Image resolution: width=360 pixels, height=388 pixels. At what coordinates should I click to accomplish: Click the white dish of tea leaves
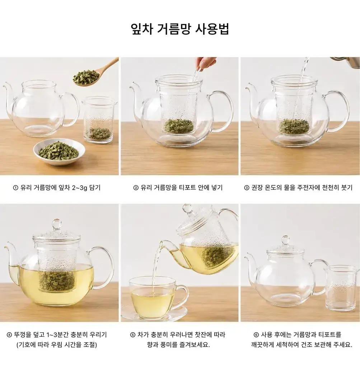[59, 152]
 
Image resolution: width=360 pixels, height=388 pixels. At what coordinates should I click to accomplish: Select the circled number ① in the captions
[15, 188]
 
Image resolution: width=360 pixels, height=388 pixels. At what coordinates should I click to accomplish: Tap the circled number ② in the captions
[136, 188]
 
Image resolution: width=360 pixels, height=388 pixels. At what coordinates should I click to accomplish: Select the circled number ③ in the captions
[247, 188]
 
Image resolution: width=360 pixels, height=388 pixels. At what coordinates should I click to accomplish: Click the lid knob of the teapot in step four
[57, 224]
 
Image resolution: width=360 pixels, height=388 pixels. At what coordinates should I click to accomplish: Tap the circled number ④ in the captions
[9, 335]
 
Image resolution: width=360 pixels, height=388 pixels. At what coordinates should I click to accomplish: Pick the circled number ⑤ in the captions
[132, 335]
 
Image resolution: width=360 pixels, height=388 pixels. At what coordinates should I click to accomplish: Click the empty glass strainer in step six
[341, 288]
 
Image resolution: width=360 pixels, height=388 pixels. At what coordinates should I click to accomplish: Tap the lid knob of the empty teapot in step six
[285, 240]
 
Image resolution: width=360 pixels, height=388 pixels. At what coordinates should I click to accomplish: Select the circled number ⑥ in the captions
[256, 335]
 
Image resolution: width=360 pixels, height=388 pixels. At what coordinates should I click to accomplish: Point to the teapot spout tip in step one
[4, 86]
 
